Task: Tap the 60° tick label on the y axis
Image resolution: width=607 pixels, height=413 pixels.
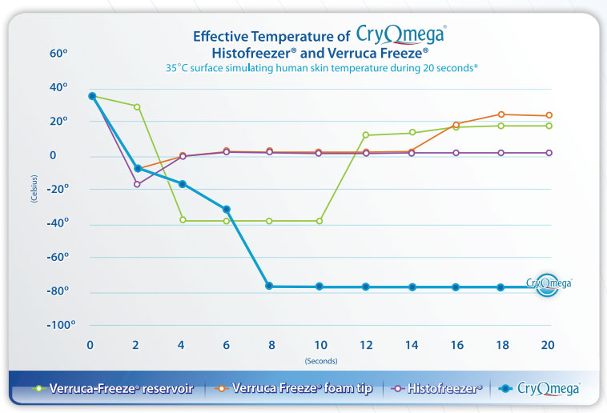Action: [37, 54]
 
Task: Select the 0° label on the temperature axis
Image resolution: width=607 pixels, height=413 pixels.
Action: [40, 155]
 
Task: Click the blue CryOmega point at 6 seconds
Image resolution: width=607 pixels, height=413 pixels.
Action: [227, 210]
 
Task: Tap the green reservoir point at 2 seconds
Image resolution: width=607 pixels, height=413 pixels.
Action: [137, 106]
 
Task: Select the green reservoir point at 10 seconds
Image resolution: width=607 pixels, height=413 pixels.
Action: [319, 221]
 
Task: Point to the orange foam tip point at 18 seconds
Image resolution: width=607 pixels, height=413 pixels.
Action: [501, 114]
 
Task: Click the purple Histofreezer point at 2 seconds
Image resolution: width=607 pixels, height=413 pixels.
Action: [137, 184]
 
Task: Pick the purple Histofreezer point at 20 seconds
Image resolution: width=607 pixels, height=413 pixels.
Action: [549, 153]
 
